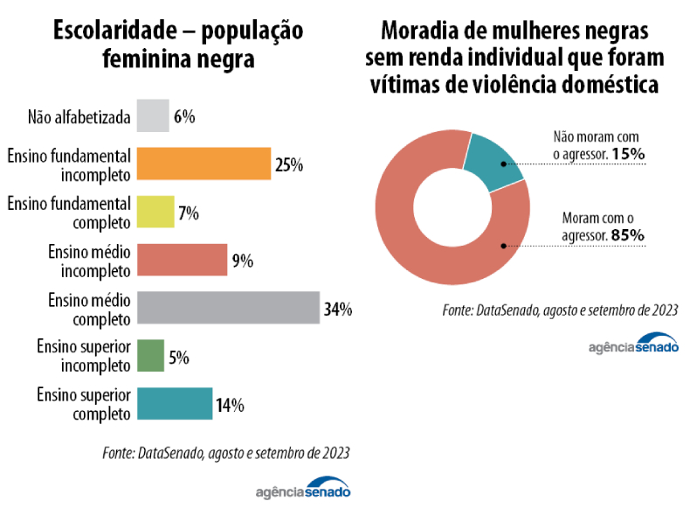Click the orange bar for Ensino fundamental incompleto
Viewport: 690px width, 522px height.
tap(204, 164)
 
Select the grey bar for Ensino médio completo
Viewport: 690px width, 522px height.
tap(228, 308)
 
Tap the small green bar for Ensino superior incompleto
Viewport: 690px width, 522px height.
tap(150, 356)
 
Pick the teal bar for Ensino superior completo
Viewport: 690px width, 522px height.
tap(175, 404)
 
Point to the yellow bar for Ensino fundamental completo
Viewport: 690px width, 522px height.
tap(155, 212)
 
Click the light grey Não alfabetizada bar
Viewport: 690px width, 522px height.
tap(153, 115)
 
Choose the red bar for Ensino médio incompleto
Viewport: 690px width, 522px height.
tap(182, 260)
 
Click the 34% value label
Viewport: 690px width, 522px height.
tap(337, 309)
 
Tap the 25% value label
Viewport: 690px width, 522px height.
tap(288, 164)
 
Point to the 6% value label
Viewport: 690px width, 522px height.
tap(183, 116)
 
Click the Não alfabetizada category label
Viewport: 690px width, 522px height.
tap(79, 116)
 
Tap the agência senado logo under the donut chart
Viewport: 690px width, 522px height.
tap(632, 344)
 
